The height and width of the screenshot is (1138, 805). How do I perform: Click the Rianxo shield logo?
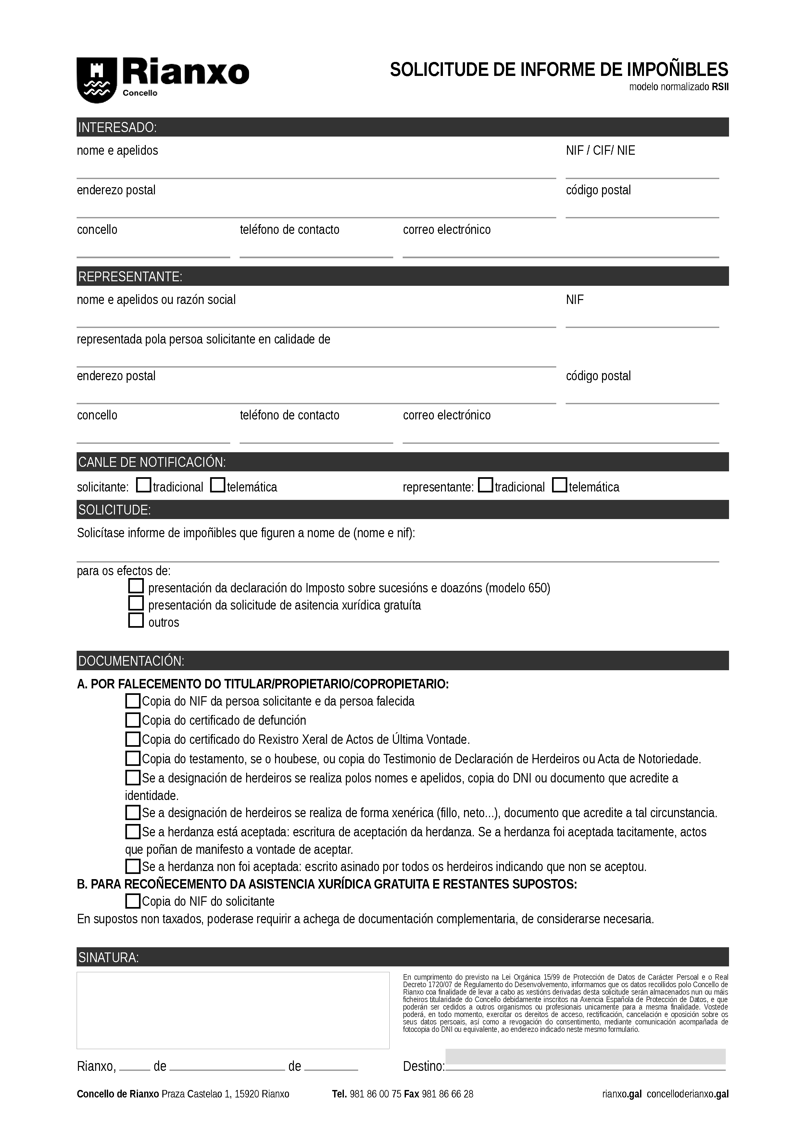(96, 80)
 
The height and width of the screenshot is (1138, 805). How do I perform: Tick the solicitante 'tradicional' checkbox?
(144, 485)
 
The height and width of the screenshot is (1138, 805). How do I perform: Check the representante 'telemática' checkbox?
(560, 485)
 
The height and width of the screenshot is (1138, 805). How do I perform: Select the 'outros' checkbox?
(136, 621)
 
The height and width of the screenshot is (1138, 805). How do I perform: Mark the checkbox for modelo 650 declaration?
(136, 586)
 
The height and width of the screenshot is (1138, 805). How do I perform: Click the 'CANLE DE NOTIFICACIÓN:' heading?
(152, 463)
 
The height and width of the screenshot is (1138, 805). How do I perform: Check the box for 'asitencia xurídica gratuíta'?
(136, 604)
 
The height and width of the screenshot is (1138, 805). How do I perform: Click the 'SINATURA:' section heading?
(108, 958)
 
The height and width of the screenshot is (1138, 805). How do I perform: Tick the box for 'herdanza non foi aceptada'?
(132, 866)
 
